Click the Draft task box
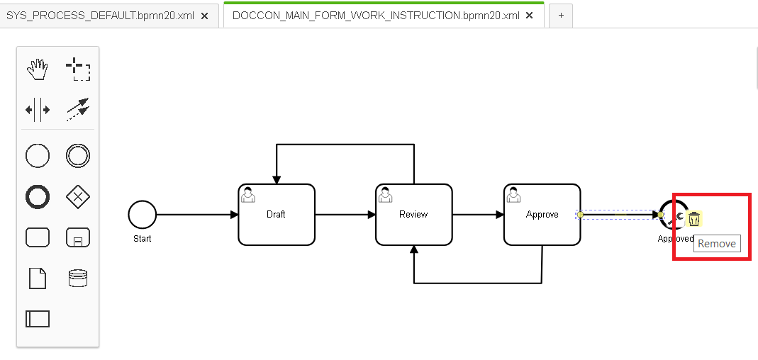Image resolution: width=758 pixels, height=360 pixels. pyautogui.click(x=276, y=215)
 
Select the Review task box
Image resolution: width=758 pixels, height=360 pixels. pyautogui.click(x=414, y=215)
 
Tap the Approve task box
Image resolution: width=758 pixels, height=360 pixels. pyautogui.click(x=542, y=215)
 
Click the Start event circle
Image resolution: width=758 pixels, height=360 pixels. pyautogui.click(x=142, y=215)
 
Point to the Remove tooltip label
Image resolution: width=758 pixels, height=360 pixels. pyautogui.click(x=717, y=244)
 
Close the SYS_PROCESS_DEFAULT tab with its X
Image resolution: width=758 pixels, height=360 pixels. pyautogui.click(x=204, y=16)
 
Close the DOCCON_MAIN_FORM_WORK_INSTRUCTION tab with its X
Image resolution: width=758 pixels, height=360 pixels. pyautogui.click(x=530, y=16)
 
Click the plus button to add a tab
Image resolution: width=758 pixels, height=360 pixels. pyautogui.click(x=561, y=16)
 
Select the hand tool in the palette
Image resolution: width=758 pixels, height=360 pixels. pyautogui.click(x=37, y=69)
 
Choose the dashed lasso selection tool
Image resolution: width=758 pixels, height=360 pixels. pyautogui.click(x=78, y=69)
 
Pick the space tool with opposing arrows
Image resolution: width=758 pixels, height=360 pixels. pyautogui.click(x=37, y=110)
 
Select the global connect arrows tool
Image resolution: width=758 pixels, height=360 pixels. pyautogui.click(x=78, y=110)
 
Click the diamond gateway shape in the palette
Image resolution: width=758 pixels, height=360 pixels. pyautogui.click(x=78, y=197)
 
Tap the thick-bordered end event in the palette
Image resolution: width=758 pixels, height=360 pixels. pyautogui.click(x=37, y=197)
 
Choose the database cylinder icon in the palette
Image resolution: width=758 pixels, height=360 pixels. pyautogui.click(x=78, y=279)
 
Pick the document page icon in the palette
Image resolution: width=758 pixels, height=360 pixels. pyautogui.click(x=37, y=279)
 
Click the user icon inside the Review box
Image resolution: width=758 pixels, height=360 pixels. pyautogui.click(x=385, y=194)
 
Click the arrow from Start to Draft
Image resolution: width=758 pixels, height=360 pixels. pyautogui.click(x=197, y=215)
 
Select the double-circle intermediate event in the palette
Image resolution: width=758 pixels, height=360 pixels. pyautogui.click(x=78, y=156)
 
